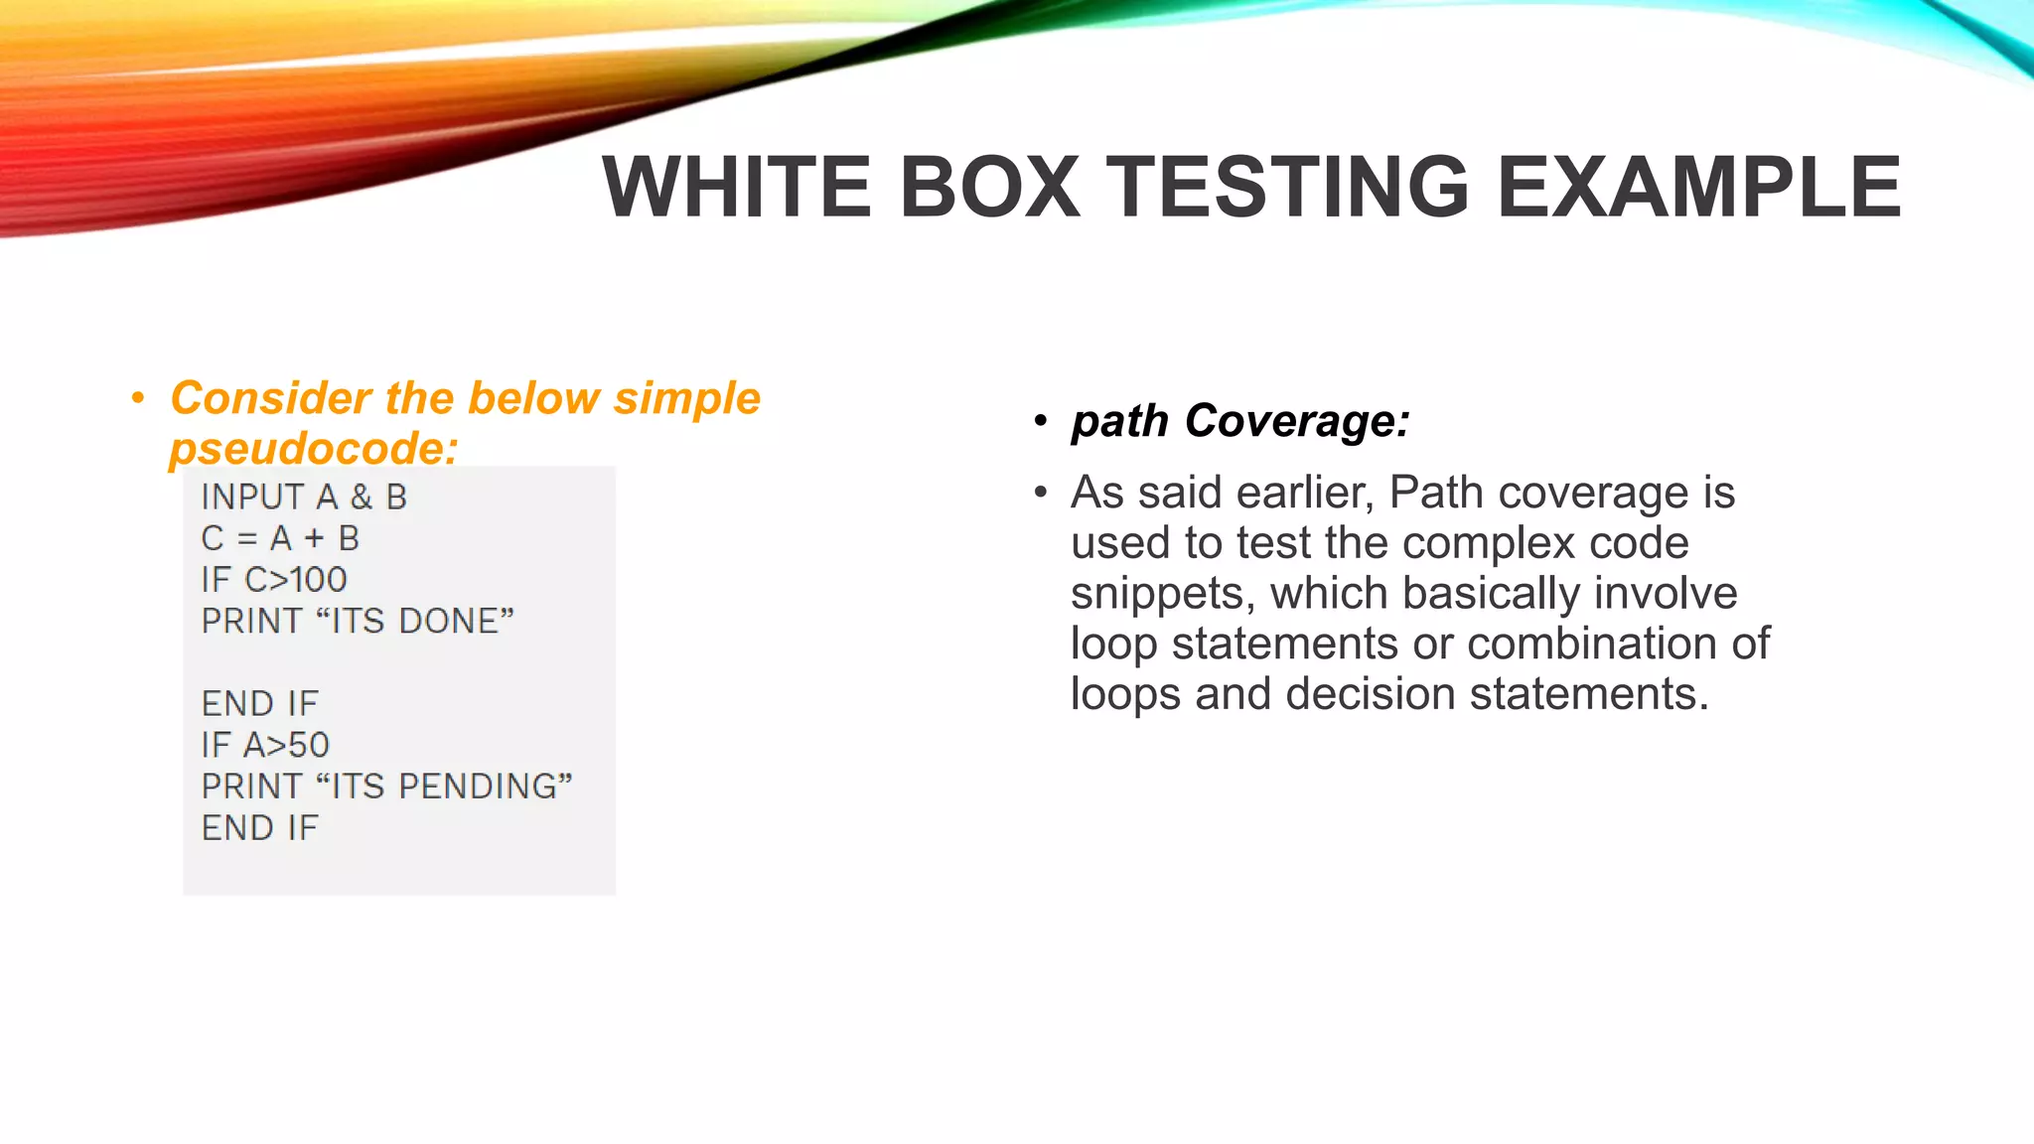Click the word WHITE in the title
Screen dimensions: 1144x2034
click(737, 187)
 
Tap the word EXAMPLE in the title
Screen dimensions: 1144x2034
click(1698, 187)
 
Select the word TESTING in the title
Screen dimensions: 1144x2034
click(1287, 187)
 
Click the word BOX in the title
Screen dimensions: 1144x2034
click(989, 187)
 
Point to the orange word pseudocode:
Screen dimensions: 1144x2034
click(314, 449)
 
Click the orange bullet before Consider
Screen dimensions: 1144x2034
click(138, 399)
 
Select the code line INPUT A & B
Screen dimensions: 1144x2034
click(304, 497)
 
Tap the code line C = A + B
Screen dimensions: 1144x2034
click(280, 538)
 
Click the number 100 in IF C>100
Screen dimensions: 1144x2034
click(318, 580)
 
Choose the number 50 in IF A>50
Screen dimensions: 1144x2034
click(308, 745)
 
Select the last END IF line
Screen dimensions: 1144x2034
click(260, 828)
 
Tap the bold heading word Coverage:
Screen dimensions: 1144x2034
click(1297, 421)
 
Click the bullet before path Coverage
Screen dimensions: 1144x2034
click(1040, 421)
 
